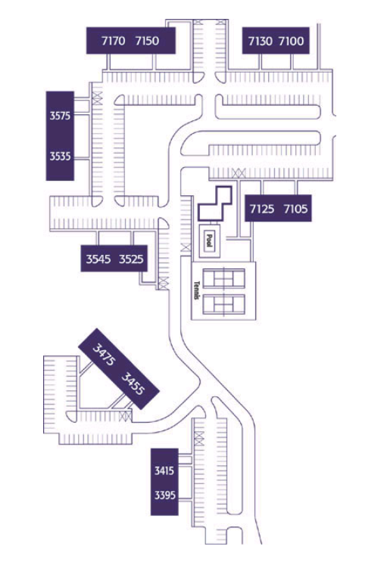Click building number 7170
pyautogui.click(x=114, y=41)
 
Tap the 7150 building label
pyautogui.click(x=147, y=41)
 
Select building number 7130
pyautogui.click(x=261, y=41)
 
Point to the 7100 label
pyautogui.click(x=292, y=41)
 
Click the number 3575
pyautogui.click(x=61, y=116)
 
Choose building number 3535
pyautogui.click(x=61, y=157)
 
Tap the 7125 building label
pyautogui.click(x=262, y=209)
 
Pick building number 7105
pyautogui.click(x=295, y=209)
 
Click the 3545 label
pyautogui.click(x=98, y=259)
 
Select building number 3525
pyautogui.click(x=131, y=259)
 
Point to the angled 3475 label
pyautogui.click(x=105, y=354)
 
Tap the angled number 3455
pyautogui.click(x=133, y=383)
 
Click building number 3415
pyautogui.click(x=164, y=470)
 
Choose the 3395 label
pyautogui.click(x=165, y=495)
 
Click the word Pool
pyautogui.click(x=209, y=241)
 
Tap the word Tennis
pyautogui.click(x=197, y=290)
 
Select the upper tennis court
pyautogui.click(x=223, y=278)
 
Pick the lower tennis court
pyautogui.click(x=223, y=305)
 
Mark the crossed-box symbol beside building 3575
pyautogui.click(x=97, y=98)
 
